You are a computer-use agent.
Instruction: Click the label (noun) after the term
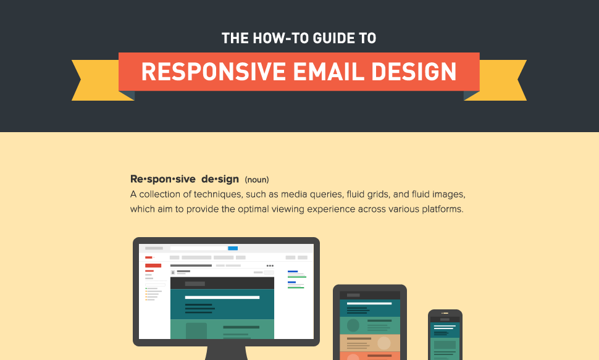(x=257, y=180)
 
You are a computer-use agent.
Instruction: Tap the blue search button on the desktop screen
(x=233, y=248)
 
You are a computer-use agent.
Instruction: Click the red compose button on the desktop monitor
(x=153, y=266)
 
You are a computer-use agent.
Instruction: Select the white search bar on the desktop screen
(x=199, y=248)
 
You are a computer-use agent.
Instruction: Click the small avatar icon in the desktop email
(x=173, y=272)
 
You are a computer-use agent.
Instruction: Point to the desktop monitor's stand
(x=226, y=353)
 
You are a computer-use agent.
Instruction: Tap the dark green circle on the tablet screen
(x=353, y=325)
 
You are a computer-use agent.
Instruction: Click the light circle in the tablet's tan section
(x=384, y=343)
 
